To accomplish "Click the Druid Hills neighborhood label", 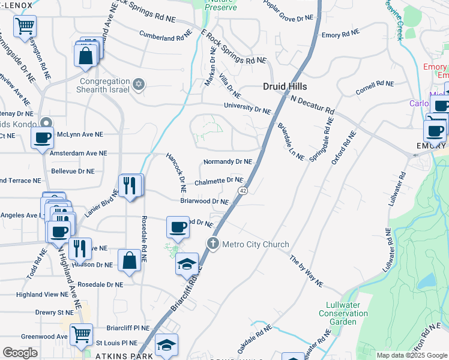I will pyautogui.click(x=286, y=86).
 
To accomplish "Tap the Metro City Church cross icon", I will pyautogui.click(x=212, y=244).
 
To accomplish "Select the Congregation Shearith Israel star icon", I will pyautogui.click(x=139, y=83).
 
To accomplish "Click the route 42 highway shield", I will pyautogui.click(x=243, y=190).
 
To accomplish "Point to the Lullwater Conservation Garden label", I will pyautogui.click(x=343, y=313).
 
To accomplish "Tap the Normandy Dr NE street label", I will pyautogui.click(x=228, y=162).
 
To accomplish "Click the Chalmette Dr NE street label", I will pyautogui.click(x=218, y=181).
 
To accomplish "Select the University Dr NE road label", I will pyautogui.click(x=248, y=109).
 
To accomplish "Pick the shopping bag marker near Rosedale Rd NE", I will pyautogui.click(x=129, y=260).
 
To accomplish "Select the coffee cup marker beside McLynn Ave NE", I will pyautogui.click(x=43, y=137).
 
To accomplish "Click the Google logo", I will pyautogui.click(x=20, y=353).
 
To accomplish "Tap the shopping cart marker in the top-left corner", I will pyautogui.click(x=25, y=26).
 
